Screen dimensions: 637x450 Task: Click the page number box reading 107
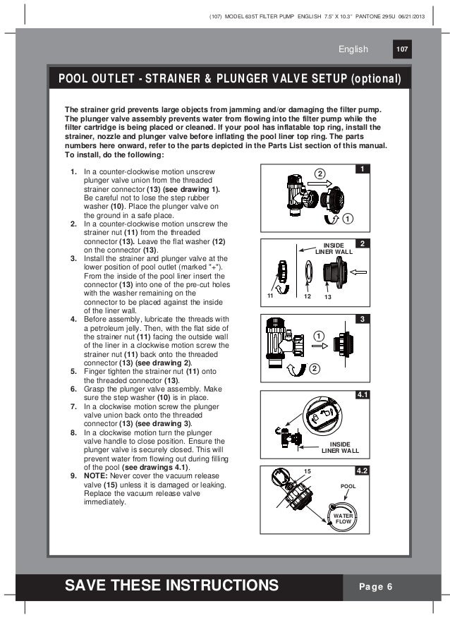403,49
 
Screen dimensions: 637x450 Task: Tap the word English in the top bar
353,49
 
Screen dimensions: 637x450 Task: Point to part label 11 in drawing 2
270,297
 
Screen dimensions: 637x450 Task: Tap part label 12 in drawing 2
307,297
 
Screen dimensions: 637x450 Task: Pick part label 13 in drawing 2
327,297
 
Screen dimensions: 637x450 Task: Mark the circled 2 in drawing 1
319,175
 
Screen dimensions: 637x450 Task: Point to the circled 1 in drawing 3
319,336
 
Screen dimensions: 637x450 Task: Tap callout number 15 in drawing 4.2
307,471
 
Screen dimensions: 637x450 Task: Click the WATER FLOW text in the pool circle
343,520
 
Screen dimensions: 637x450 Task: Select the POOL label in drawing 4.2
348,487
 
